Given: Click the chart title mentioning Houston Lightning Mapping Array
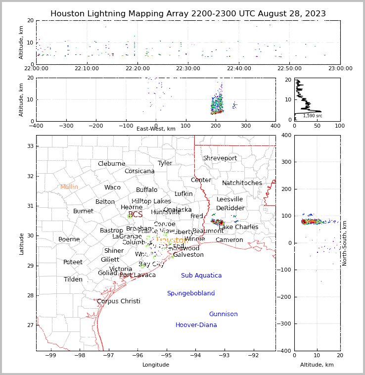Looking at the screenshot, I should click(x=188, y=14).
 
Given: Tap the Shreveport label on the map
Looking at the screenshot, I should click(x=220, y=158).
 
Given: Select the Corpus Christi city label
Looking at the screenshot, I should click(x=119, y=301).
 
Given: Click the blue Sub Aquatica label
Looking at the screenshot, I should click(x=201, y=276).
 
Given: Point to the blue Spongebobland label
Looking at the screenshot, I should click(x=191, y=293).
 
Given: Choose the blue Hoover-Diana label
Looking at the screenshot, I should click(x=196, y=325).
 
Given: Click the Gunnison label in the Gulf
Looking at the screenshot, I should click(x=223, y=314).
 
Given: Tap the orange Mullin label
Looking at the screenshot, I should click(x=69, y=187).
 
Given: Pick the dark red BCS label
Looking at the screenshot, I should click(x=135, y=215).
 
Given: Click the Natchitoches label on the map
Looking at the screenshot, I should click(x=242, y=183).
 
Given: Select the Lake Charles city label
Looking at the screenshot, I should click(x=238, y=227).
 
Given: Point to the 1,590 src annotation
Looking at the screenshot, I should click(x=313, y=116).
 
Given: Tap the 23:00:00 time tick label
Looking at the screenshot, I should click(x=340, y=68).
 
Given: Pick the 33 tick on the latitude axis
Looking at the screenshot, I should click(x=30, y=146).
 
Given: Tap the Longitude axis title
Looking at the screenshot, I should click(x=156, y=365).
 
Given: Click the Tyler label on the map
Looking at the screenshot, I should click(x=165, y=163).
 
